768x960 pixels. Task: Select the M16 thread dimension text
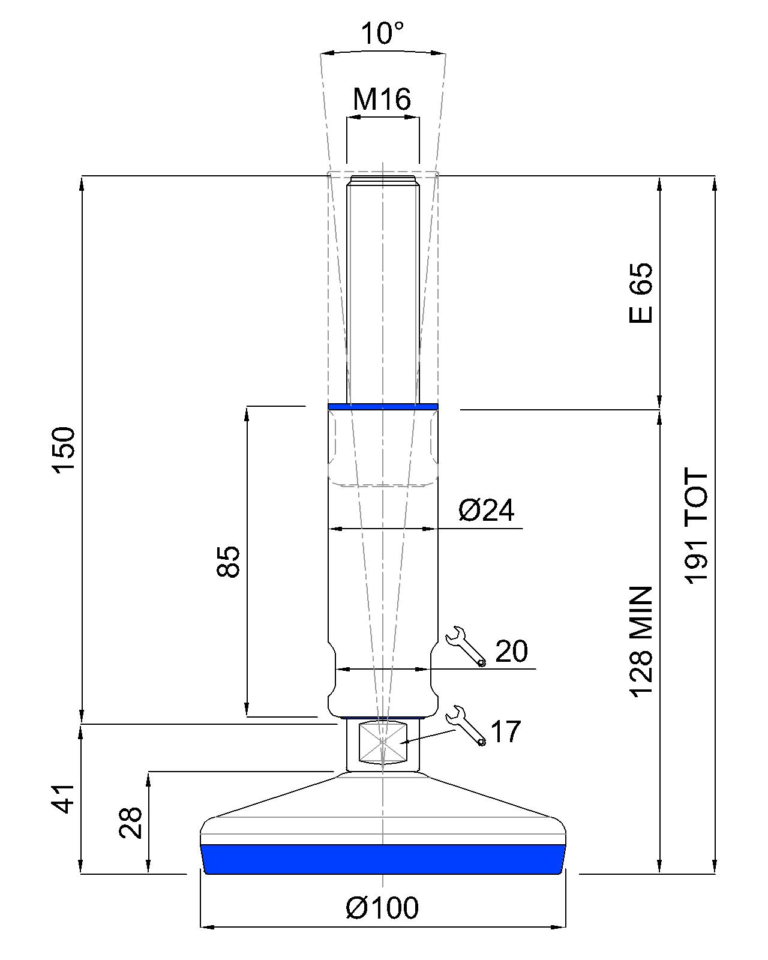(382, 99)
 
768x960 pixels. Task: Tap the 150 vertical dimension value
(64, 450)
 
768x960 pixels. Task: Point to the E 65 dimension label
(640, 293)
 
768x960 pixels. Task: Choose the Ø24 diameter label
(486, 511)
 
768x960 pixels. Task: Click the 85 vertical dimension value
(228, 562)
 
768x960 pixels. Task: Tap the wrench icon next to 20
(466, 646)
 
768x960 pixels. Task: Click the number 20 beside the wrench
(511, 652)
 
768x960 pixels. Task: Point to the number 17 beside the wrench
(506, 732)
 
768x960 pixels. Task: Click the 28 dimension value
(131, 822)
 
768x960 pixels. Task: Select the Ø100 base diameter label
(382, 908)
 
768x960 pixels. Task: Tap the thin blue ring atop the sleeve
(383, 407)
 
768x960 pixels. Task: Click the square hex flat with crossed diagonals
(382, 742)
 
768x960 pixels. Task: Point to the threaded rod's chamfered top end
(383, 180)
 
